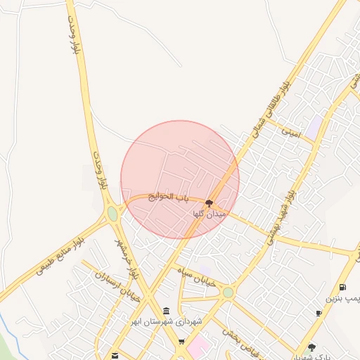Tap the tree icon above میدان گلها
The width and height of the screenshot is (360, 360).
[x=209, y=203]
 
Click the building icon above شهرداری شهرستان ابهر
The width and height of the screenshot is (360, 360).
[x=166, y=311]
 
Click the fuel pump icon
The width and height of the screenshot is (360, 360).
[x=342, y=287]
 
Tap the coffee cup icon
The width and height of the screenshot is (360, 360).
[x=319, y=313]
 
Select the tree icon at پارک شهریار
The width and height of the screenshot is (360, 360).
[x=311, y=347]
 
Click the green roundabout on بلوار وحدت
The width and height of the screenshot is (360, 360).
[x=112, y=213]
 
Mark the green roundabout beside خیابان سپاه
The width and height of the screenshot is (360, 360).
[x=228, y=292]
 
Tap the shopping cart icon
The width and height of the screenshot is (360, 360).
[x=181, y=342]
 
